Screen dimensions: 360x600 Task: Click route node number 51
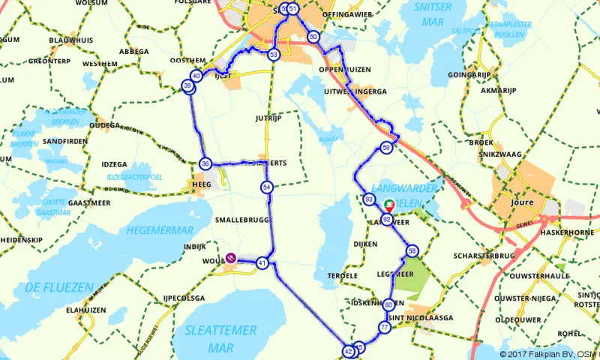coord(293,9)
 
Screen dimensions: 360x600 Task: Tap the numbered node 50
coord(313,37)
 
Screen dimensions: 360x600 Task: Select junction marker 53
coord(274,55)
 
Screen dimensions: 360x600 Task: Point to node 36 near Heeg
coord(205,163)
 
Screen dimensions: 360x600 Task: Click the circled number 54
coord(267,187)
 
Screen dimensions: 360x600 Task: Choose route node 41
coord(262,263)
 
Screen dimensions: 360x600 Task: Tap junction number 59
coord(385,148)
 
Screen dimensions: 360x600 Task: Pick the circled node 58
coord(411,250)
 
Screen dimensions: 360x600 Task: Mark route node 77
coord(384,328)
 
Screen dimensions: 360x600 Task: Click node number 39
coord(187,88)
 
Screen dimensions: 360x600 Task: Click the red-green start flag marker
coord(388,205)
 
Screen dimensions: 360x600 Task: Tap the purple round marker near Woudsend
coord(232,257)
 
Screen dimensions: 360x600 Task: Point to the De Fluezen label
coord(58,287)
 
